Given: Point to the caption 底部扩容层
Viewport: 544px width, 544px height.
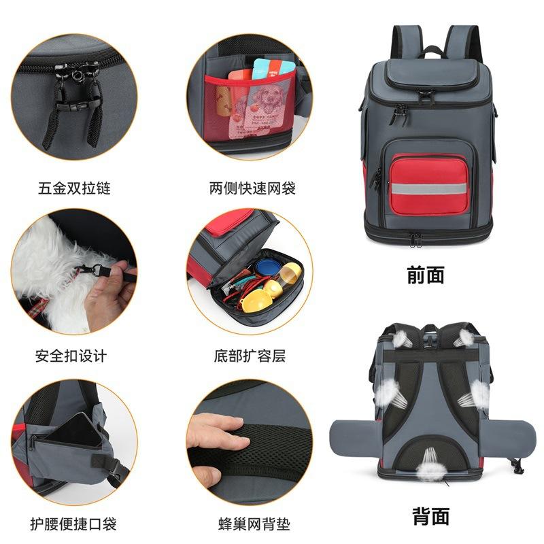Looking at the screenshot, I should click(250, 355).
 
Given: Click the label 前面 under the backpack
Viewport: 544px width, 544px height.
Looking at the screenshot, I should click(426, 275).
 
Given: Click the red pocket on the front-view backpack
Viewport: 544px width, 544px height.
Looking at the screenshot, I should click(428, 184).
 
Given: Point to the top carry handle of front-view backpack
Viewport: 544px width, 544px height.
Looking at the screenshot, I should click(430, 50).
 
